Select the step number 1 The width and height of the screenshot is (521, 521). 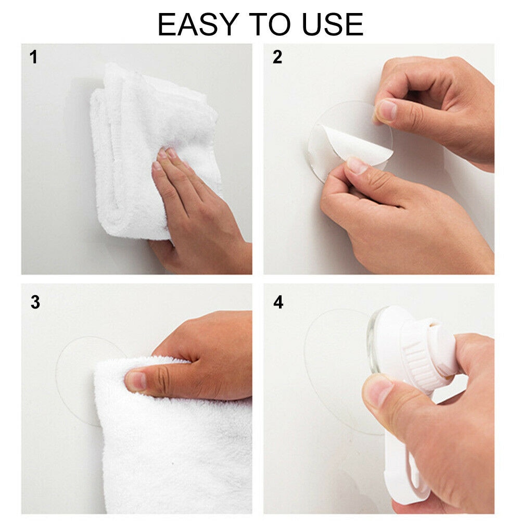(x=34, y=57)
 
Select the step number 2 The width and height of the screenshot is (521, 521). (x=277, y=57)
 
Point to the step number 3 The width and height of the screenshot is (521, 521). (x=35, y=302)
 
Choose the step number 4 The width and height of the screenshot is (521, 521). (x=278, y=302)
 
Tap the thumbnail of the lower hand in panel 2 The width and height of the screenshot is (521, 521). (x=357, y=166)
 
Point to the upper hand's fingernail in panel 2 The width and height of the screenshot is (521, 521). (x=386, y=110)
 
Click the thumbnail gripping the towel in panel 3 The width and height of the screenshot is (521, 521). (x=136, y=380)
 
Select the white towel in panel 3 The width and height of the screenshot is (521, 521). (x=172, y=442)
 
